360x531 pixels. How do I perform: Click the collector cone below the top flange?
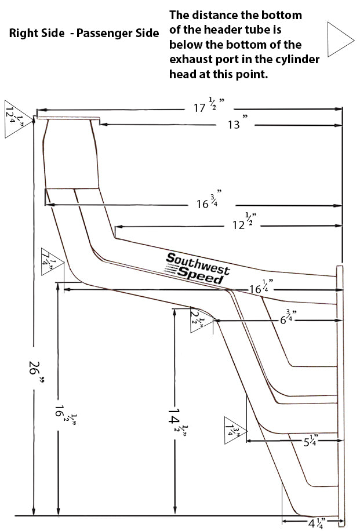coord(70,155)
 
